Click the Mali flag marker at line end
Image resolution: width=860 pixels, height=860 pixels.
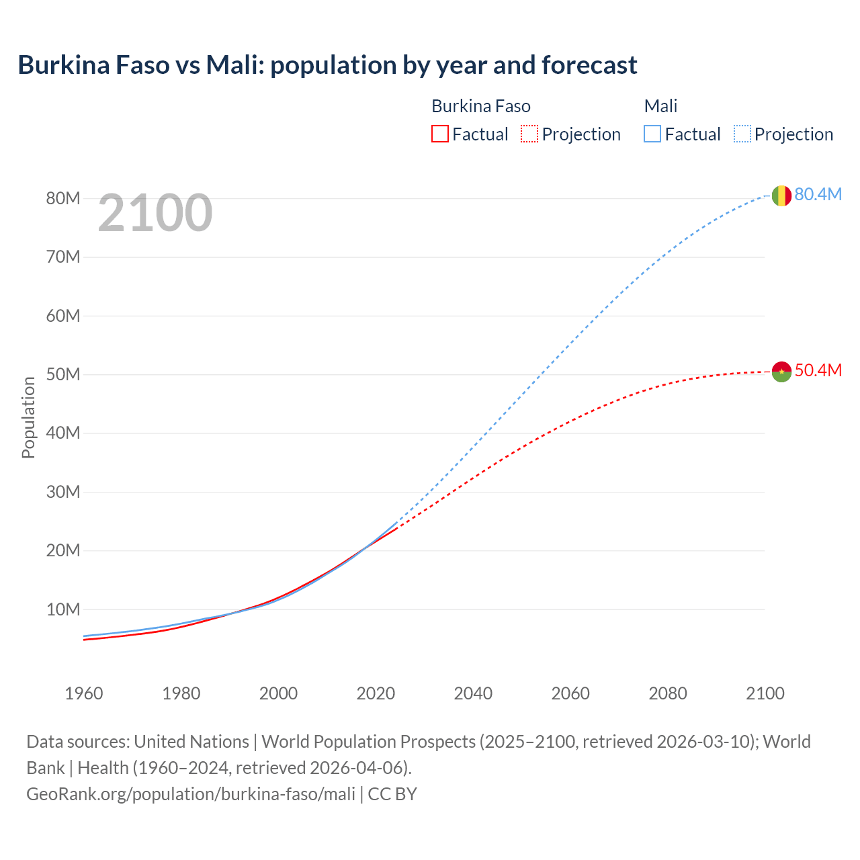click(x=781, y=196)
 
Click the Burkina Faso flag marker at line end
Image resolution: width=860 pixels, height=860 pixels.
click(x=781, y=372)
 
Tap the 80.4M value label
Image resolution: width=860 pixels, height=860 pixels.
click(x=818, y=195)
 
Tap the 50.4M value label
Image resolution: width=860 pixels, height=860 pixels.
click(x=818, y=371)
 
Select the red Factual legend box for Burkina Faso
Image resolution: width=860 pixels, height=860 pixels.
click(x=439, y=134)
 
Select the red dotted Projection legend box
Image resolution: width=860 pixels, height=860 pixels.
click(x=529, y=134)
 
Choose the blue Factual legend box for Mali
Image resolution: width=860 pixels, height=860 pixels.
click(x=652, y=134)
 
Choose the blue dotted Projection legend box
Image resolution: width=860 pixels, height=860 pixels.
click(x=742, y=134)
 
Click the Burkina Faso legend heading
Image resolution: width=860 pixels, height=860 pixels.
click(x=480, y=106)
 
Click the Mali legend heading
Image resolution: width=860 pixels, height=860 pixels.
click(x=660, y=106)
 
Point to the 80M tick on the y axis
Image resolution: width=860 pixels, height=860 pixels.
click(x=63, y=198)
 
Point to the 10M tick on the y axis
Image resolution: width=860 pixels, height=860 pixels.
click(x=63, y=609)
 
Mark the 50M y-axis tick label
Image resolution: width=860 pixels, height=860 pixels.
click(x=63, y=374)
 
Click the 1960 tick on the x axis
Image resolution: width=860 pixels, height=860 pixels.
click(x=84, y=693)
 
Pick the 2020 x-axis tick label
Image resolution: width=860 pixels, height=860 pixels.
click(x=376, y=693)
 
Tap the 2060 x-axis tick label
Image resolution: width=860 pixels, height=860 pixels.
click(x=570, y=693)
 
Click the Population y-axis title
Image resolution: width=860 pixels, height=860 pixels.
click(x=28, y=417)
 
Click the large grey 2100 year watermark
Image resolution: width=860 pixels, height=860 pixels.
click(x=155, y=214)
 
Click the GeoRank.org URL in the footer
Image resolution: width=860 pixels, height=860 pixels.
click(x=191, y=794)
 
